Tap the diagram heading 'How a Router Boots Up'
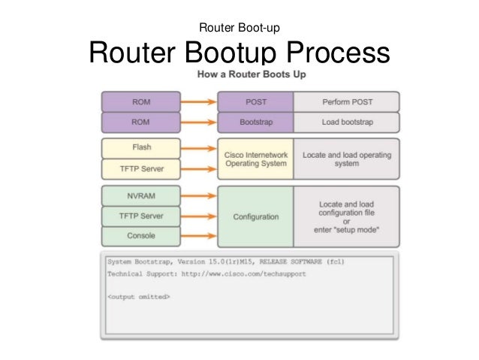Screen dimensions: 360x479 251,75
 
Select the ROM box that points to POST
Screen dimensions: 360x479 140,101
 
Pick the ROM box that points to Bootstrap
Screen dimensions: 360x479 140,120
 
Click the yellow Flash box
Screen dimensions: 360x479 140,147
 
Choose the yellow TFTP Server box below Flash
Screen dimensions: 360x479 140,168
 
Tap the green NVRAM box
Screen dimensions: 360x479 140,195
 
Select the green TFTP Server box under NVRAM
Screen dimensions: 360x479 140,216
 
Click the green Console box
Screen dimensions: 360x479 140,235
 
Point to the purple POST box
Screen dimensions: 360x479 255,101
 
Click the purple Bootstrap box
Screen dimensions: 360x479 255,120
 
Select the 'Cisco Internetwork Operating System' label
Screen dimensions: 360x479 255,159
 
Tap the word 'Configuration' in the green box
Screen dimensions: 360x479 255,217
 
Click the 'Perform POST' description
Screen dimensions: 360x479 346,101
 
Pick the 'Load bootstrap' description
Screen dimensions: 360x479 346,120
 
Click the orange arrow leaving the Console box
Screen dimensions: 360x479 198,236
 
